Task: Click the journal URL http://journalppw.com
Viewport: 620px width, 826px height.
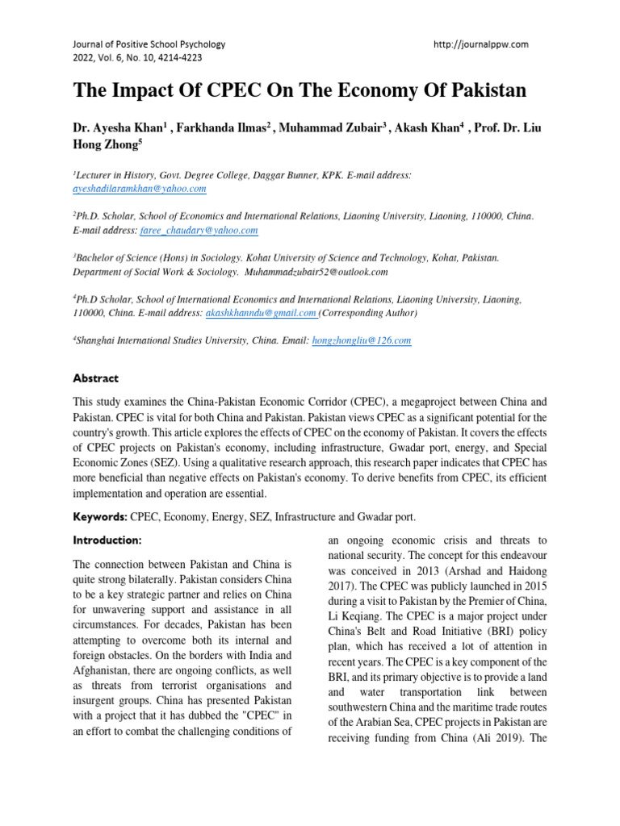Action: [481, 44]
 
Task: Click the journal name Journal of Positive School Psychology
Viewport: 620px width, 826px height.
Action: [149, 44]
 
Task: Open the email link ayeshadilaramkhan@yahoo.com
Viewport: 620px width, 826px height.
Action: [140, 189]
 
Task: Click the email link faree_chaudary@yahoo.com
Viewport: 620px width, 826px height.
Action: [199, 231]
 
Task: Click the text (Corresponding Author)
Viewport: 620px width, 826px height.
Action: [369, 313]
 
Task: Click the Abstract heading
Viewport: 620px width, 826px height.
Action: [96, 378]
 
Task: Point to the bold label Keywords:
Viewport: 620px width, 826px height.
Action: [101, 516]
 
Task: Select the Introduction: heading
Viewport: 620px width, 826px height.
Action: [107, 540]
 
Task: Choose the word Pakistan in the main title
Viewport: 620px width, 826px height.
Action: [485, 90]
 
